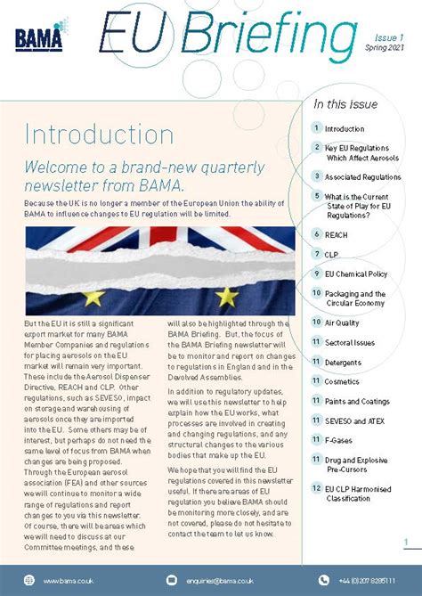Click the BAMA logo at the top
(38, 37)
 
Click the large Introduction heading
(87, 135)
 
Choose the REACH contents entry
(337, 234)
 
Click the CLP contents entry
(331, 254)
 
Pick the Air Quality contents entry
(342, 322)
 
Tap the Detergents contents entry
(343, 363)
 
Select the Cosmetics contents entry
(342, 381)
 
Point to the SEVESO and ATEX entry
(351, 420)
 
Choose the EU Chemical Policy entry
(355, 274)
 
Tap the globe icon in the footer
(28, 581)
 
